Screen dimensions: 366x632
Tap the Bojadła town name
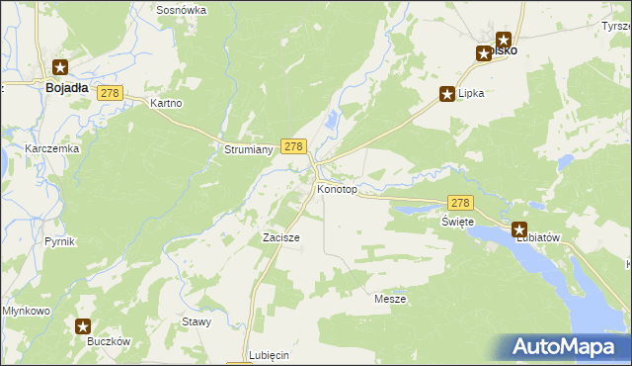click(68, 87)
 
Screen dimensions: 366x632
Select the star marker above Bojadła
click(60, 67)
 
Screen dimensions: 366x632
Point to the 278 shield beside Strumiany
click(292, 145)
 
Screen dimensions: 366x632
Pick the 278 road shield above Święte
click(461, 201)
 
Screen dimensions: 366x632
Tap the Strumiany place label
click(243, 149)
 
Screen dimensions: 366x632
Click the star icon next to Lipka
click(446, 94)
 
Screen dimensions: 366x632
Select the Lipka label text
click(472, 94)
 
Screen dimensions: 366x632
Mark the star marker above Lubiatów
click(519, 229)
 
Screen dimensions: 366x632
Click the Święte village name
click(457, 222)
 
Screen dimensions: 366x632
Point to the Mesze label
click(390, 298)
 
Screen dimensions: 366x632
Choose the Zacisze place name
click(280, 237)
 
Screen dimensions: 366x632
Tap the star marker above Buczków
click(84, 325)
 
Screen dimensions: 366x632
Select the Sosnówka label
click(181, 9)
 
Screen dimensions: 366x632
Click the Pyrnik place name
click(59, 241)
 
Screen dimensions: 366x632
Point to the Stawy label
click(197, 321)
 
